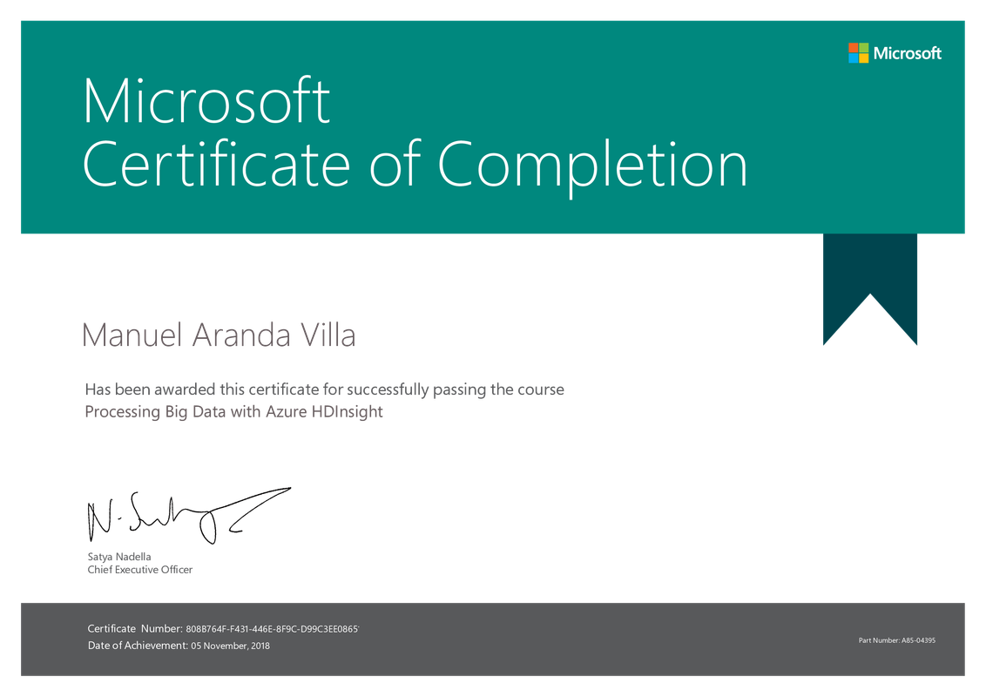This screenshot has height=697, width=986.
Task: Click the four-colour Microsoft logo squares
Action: (858, 53)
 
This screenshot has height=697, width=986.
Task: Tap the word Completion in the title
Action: (591, 166)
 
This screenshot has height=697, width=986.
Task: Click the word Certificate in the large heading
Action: (216, 164)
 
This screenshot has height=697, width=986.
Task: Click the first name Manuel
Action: (132, 335)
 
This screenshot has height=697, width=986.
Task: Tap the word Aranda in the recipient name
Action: (241, 335)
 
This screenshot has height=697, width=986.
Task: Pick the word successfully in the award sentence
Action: (388, 390)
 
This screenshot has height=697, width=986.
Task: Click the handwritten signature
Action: (189, 516)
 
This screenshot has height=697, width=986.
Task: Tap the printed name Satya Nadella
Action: (119, 557)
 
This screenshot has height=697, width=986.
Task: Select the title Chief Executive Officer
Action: (140, 570)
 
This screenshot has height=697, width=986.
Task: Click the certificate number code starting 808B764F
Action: (273, 629)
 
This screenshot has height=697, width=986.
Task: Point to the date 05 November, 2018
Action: (231, 646)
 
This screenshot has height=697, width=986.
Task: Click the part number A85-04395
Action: (919, 640)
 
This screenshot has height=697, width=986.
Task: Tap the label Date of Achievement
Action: (138, 646)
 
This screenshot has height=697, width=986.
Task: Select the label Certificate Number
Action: (134, 628)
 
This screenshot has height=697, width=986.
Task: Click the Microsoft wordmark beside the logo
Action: (908, 53)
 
